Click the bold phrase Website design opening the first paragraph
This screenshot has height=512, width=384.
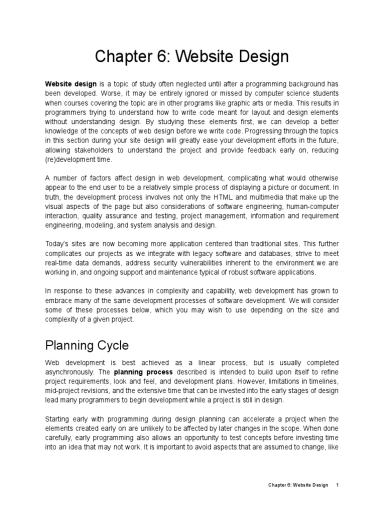point(70,84)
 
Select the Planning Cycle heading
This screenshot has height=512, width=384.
point(87,345)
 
